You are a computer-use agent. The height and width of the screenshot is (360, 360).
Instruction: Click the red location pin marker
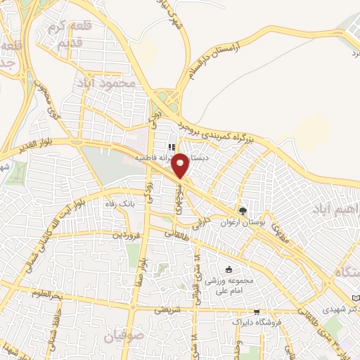(x=180, y=165)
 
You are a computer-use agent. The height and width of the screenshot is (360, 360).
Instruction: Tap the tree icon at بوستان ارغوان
(x=243, y=210)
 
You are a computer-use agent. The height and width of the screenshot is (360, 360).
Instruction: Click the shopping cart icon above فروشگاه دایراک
(x=257, y=311)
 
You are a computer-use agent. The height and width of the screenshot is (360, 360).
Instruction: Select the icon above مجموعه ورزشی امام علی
(x=228, y=269)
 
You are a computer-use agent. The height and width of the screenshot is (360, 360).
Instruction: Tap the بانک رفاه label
(x=118, y=203)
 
